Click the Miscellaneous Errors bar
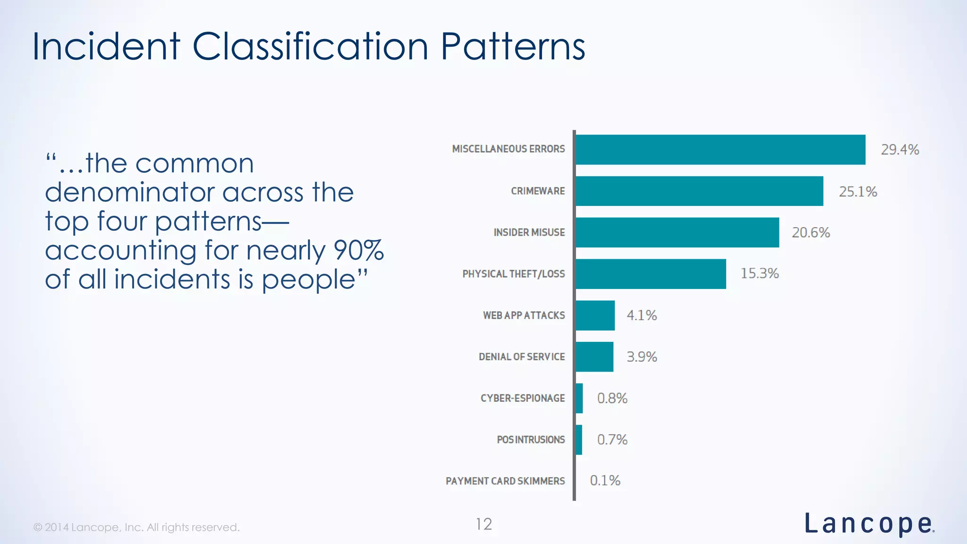pyautogui.click(x=721, y=150)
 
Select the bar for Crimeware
pyautogui.click(x=699, y=191)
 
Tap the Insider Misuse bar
pyautogui.click(x=677, y=232)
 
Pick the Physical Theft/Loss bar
pyautogui.click(x=651, y=274)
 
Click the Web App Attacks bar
pyautogui.click(x=595, y=315)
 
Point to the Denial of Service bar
pyautogui.click(x=594, y=357)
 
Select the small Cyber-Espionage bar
pyautogui.click(x=579, y=398)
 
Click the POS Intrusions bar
pyautogui.click(x=579, y=440)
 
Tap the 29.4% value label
pyautogui.click(x=899, y=150)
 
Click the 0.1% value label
pyautogui.click(x=605, y=481)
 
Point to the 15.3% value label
pyautogui.click(x=759, y=273)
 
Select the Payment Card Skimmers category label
pyautogui.click(x=505, y=481)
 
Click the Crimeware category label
pyautogui.click(x=537, y=191)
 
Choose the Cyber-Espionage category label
pyautogui.click(x=522, y=398)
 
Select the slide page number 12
pyautogui.click(x=483, y=524)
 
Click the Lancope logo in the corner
pyautogui.click(x=869, y=524)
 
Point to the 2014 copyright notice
pyautogui.click(x=136, y=527)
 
